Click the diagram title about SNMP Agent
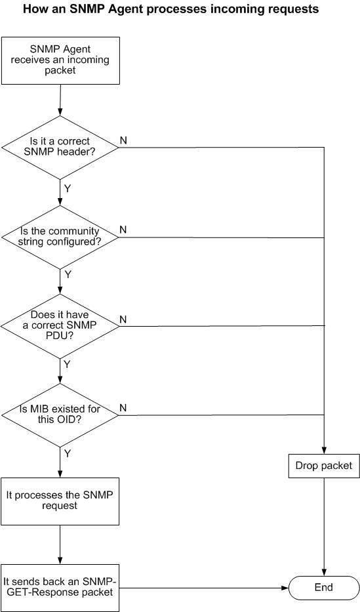[x=171, y=9]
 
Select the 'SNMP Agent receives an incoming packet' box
[x=60, y=60]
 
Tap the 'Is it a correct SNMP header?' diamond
[x=60, y=147]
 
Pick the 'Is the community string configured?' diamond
[x=60, y=237]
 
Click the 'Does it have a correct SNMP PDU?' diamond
[x=60, y=325]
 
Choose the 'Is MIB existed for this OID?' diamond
[x=60, y=415]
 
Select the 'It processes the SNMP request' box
[x=60, y=500]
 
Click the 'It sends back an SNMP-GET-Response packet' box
[x=60, y=588]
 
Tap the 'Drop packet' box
[x=324, y=466]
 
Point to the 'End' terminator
[x=324, y=588]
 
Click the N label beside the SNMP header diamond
[x=123, y=140]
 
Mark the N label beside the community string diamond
[x=123, y=230]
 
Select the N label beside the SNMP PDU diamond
[x=123, y=319]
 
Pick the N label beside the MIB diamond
[x=123, y=408]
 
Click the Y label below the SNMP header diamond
[x=68, y=188]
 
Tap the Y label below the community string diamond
[x=68, y=274]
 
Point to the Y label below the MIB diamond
[x=68, y=453]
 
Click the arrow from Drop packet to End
[x=324, y=527]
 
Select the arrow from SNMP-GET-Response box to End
[x=203, y=588]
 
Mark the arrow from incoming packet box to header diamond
[x=60, y=100]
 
